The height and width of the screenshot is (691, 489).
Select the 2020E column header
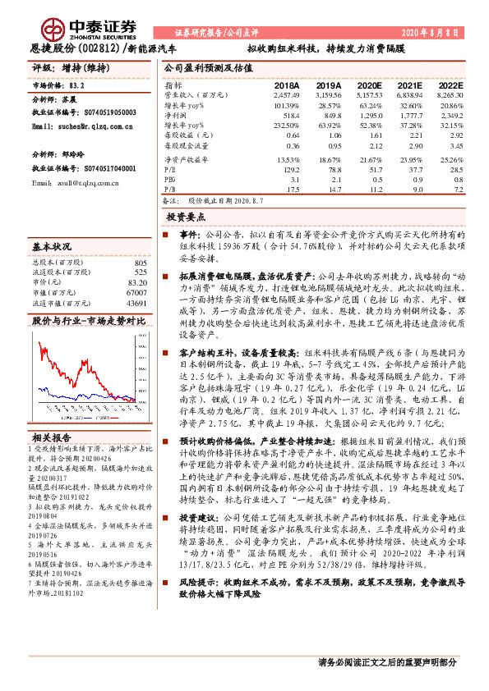(x=367, y=85)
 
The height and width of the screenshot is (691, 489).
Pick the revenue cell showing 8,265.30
(x=450, y=96)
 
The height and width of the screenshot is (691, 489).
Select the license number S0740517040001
(x=95, y=167)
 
